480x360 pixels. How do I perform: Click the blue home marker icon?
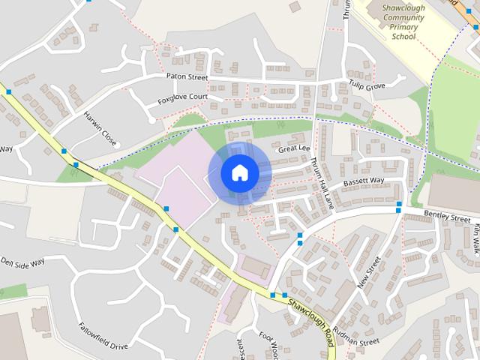(240, 173)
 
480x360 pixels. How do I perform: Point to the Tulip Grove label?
(366, 86)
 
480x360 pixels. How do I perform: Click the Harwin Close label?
(100, 129)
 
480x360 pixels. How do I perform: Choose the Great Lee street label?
(294, 149)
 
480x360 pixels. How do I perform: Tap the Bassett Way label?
(364, 181)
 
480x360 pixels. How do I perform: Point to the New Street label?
(370, 274)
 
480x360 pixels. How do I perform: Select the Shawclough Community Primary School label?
(403, 22)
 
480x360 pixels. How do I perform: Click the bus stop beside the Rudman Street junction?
(284, 295)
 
